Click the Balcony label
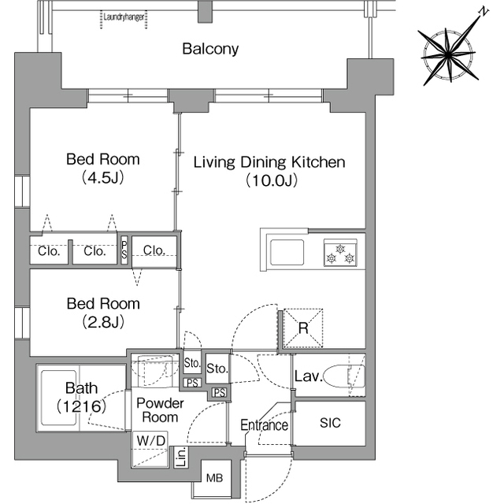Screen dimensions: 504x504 [210, 49]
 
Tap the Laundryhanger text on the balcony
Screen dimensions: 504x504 [124, 17]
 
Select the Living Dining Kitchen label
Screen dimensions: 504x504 [269, 162]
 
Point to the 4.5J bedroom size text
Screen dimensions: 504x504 [103, 177]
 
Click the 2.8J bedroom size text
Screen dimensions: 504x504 [103, 321]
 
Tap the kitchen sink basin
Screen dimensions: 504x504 [287, 252]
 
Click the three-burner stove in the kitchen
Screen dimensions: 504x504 [340, 253]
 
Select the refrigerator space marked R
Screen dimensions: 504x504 [303, 328]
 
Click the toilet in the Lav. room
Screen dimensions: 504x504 [344, 376]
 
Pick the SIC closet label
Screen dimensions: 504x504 [330, 423]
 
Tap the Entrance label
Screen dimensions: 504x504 [265, 425]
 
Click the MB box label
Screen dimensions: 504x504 [214, 478]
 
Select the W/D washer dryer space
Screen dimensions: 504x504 [150, 450]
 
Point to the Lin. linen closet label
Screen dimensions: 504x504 [182, 457]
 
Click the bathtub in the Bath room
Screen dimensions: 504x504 [59, 398]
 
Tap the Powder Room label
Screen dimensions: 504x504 [160, 410]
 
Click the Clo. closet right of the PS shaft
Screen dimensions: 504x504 [154, 250]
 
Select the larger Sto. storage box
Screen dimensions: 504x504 [217, 369]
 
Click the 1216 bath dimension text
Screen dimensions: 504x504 [81, 406]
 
